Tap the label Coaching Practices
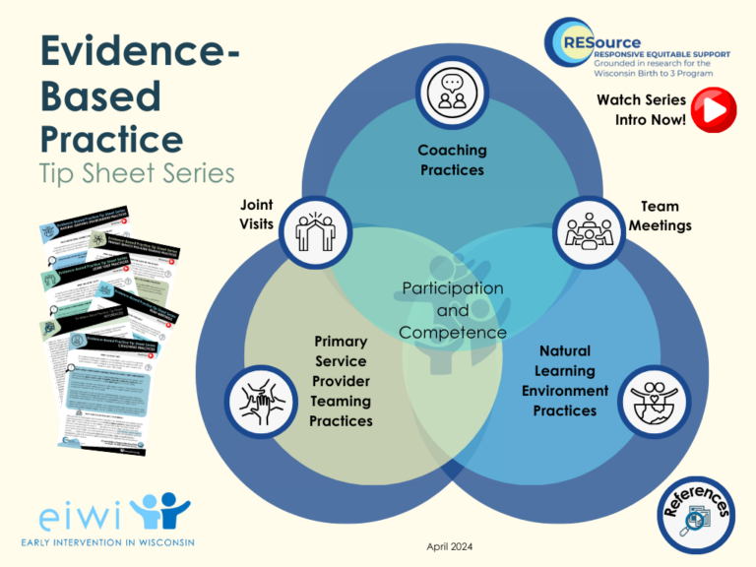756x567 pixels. click(x=452, y=159)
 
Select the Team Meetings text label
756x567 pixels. click(x=666, y=216)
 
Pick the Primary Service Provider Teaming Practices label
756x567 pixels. click(x=341, y=381)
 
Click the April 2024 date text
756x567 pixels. click(x=452, y=545)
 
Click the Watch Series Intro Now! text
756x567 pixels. click(x=641, y=109)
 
